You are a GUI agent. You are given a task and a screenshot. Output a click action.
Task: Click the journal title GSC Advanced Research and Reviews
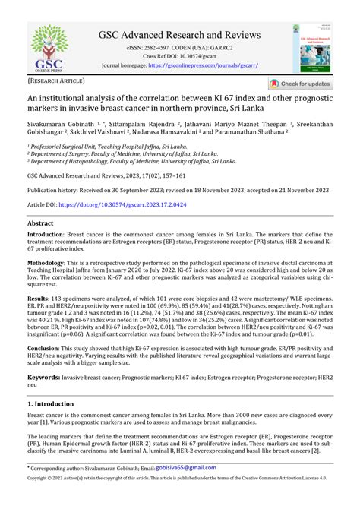[x=179, y=35]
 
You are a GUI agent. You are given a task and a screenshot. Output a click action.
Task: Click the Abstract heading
[x=40, y=224]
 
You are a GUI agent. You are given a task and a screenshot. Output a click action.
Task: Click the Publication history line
[x=165, y=190]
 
